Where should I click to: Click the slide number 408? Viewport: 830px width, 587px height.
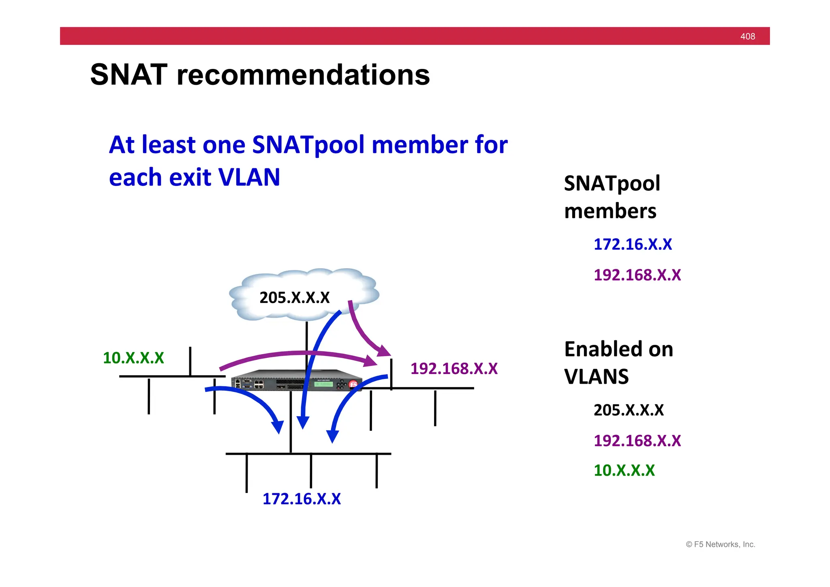[747, 37]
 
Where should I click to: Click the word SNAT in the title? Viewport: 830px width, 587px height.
[128, 75]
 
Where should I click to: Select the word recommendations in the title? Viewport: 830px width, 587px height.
[303, 75]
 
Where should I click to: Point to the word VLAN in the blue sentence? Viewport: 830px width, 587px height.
[249, 177]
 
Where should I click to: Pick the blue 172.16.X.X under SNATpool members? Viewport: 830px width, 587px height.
[633, 245]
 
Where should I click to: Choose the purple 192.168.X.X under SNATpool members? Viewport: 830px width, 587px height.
[637, 275]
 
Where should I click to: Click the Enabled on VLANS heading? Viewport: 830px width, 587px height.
[618, 363]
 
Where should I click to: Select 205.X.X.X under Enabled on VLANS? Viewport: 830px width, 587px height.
[629, 410]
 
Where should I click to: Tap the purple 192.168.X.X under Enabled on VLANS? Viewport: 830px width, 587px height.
[637, 441]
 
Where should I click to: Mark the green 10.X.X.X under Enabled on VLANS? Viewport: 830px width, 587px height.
[624, 471]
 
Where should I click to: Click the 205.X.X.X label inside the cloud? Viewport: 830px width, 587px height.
[295, 298]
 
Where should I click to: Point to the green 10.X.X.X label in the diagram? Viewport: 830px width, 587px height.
[133, 358]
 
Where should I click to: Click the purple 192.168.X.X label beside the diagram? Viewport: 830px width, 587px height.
[454, 369]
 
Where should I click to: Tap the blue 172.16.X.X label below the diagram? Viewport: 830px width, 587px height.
[302, 499]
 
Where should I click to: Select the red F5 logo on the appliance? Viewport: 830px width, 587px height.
[353, 384]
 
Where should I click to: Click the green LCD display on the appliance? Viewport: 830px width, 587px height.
[323, 384]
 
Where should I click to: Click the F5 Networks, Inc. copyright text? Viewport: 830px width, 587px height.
[720, 544]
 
